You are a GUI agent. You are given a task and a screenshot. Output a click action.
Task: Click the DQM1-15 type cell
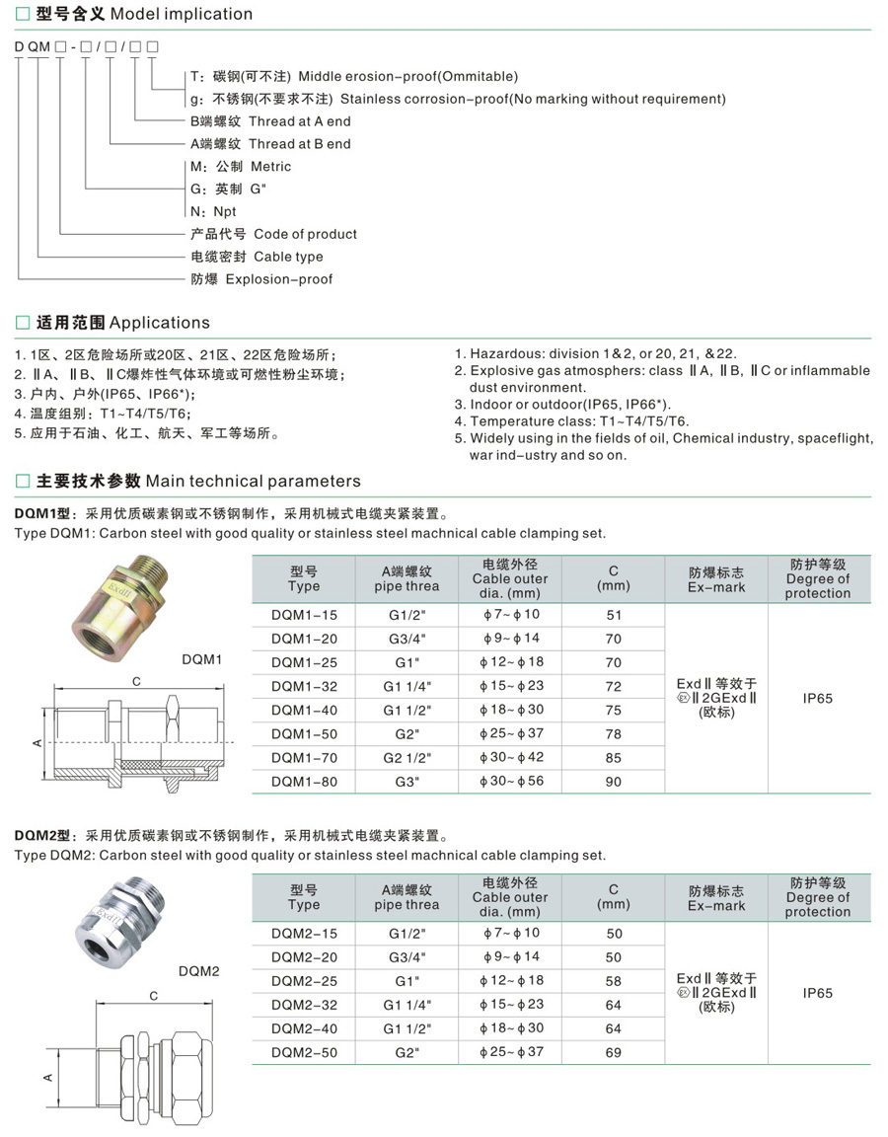click(304, 615)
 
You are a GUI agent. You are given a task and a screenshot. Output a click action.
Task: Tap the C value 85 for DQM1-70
click(614, 757)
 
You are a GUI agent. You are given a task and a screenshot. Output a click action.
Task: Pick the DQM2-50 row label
click(304, 1052)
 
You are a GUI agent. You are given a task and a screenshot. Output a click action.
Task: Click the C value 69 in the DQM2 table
click(614, 1052)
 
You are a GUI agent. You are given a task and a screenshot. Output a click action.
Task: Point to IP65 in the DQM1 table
click(818, 698)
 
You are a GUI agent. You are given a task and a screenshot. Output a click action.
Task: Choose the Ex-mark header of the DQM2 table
click(717, 898)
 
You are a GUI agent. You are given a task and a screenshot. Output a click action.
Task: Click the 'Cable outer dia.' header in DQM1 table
click(509, 579)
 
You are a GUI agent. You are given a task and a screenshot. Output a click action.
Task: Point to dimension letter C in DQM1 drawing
click(137, 682)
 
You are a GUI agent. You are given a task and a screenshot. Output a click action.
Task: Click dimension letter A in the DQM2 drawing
click(46, 1077)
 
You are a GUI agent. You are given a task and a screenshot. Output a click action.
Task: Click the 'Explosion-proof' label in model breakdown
click(278, 279)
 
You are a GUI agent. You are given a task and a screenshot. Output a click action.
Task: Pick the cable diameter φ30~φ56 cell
click(511, 781)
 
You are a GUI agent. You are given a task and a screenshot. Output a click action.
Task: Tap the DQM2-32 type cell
click(304, 1005)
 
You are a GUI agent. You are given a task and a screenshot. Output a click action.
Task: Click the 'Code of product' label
click(305, 234)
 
